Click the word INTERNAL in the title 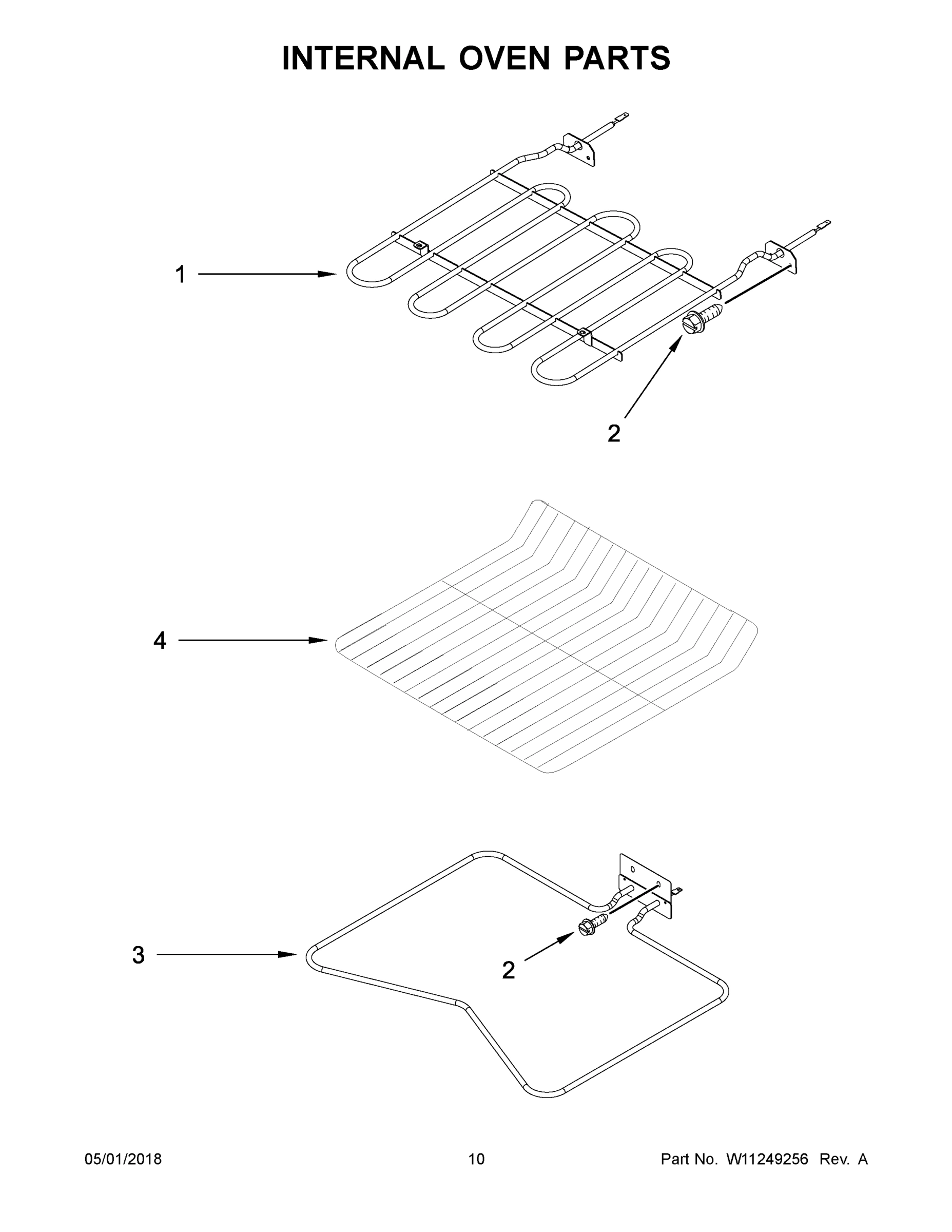[x=363, y=58]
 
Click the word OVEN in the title [x=503, y=58]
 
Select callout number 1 [x=180, y=275]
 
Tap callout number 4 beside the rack [x=160, y=640]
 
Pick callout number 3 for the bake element [x=138, y=955]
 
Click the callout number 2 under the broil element [x=614, y=433]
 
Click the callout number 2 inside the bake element [x=508, y=970]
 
